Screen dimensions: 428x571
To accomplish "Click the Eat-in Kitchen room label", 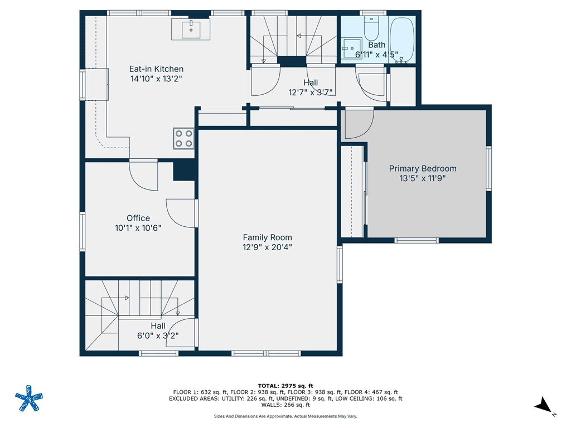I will click(x=156, y=69).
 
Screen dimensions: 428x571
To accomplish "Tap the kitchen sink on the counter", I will click(x=191, y=28).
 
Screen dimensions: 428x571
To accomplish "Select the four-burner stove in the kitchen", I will click(x=183, y=138).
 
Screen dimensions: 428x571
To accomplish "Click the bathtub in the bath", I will click(x=401, y=39).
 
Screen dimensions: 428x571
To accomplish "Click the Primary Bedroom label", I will click(x=423, y=168).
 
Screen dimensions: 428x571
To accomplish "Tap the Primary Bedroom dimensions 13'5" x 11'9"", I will click(x=423, y=179).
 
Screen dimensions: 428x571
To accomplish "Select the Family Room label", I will click(x=267, y=237).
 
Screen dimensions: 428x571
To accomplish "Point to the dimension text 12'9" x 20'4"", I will click(x=267, y=247).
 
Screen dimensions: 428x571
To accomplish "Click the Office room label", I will click(x=138, y=218).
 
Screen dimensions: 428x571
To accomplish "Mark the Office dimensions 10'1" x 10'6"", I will click(x=138, y=228).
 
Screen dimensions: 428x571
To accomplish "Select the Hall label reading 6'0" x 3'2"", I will click(x=158, y=336).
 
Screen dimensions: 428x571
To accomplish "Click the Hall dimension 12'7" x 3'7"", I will click(x=311, y=93).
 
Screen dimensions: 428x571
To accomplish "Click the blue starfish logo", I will click(x=28, y=398).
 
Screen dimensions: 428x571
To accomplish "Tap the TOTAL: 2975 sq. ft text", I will click(x=285, y=386).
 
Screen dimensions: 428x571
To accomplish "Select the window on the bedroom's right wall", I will click(x=489, y=168).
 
